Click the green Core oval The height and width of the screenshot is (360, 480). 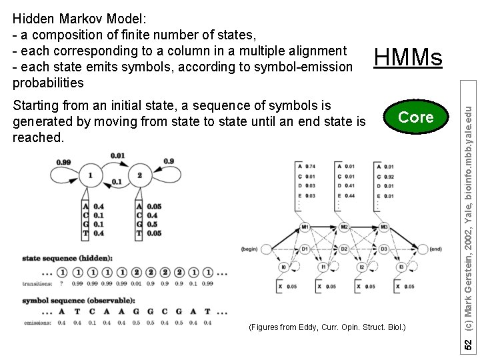415,117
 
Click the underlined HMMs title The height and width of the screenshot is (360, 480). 408,59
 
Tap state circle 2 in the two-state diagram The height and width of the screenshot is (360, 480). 140,175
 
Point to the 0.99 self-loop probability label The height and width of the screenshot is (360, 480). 64,162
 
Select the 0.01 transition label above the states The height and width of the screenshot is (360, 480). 117,156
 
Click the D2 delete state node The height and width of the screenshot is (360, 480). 344,249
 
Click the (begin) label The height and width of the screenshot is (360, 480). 249,249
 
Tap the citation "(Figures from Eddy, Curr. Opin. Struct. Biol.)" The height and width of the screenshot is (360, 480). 327,327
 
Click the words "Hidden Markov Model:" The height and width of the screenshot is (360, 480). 65,18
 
